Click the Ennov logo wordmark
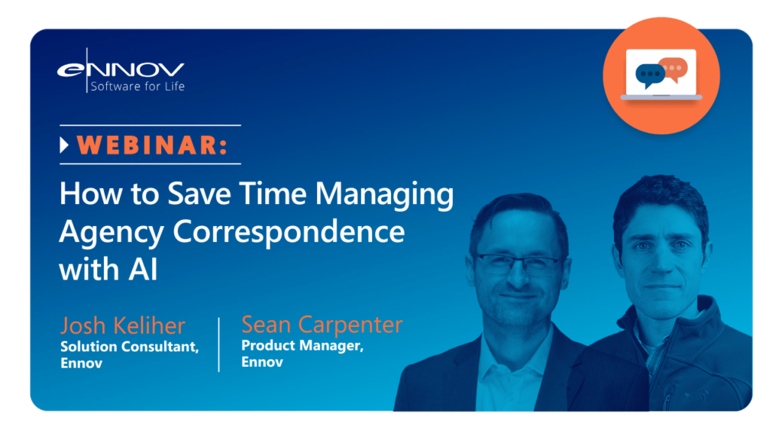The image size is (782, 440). pos(121,70)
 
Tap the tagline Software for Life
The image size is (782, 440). pos(137,86)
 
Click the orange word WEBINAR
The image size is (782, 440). pos(152,144)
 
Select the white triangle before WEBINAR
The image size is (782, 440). pos(64,144)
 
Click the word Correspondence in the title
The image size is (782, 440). pos(289,232)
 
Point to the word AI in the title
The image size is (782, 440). pos(143,270)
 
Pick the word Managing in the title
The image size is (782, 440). pos(385,195)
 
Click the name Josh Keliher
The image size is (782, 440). pos(123,325)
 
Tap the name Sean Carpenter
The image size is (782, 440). pos(322,324)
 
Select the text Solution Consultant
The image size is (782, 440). pos(130,347)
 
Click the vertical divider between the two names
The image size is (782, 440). pos(219,345)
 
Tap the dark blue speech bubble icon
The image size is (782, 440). pos(650,76)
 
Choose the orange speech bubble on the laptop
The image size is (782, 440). pos(674,69)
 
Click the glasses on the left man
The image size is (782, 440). pos(519,264)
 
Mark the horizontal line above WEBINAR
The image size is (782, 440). pos(150,125)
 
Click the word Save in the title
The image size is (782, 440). pos(199,193)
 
